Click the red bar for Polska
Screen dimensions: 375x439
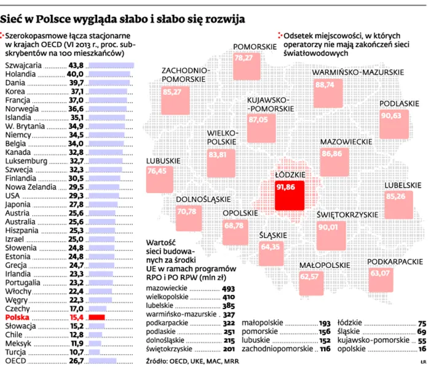[x=97, y=317]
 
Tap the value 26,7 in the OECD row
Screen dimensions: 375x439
[x=77, y=361]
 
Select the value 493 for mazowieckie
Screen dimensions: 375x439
[x=229, y=288]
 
